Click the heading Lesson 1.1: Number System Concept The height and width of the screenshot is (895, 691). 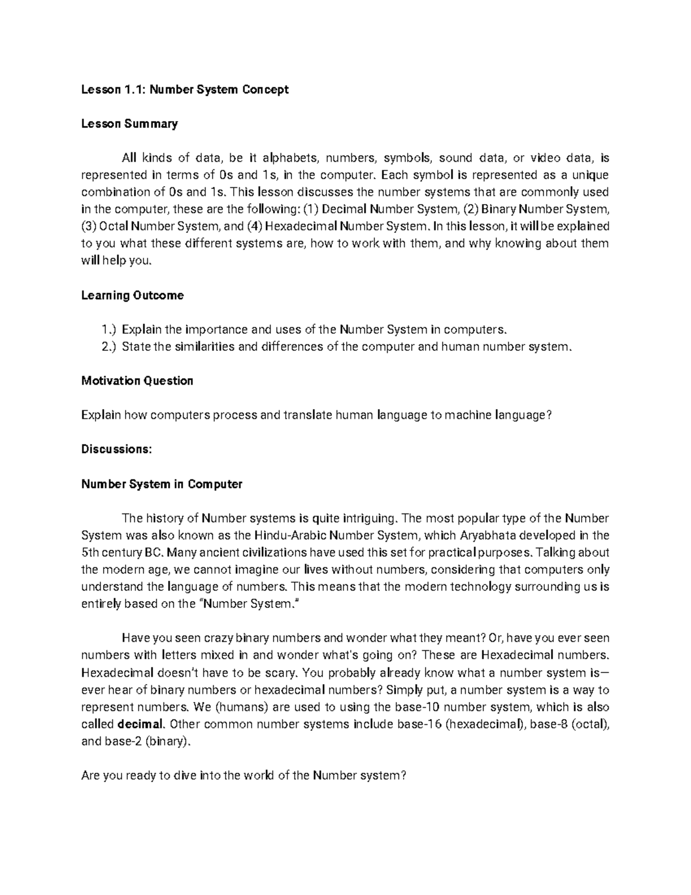185,89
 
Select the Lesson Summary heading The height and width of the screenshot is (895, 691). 130,123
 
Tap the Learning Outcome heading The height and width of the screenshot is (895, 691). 132,295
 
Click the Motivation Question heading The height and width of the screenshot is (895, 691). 137,380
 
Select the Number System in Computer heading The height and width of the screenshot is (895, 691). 162,484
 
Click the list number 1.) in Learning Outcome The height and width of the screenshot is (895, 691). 108,330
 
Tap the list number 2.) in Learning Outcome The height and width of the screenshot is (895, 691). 108,347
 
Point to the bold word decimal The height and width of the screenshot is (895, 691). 141,724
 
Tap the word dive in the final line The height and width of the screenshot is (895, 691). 184,776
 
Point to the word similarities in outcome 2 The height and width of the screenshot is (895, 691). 204,347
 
